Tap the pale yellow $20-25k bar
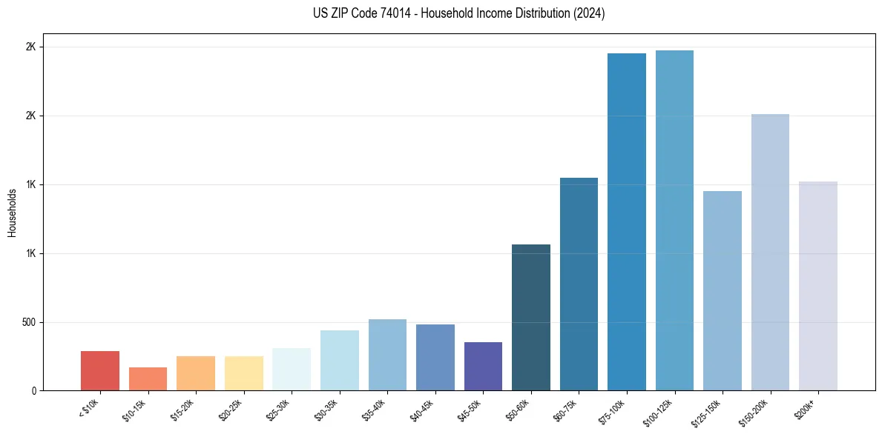point(243,373)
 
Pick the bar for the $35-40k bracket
point(387,355)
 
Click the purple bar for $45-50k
point(483,366)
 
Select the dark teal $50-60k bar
point(531,317)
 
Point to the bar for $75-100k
point(627,222)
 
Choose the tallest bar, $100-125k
point(674,221)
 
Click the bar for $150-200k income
point(770,253)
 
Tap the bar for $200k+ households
point(818,286)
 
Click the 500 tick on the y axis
point(30,322)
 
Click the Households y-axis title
point(13,212)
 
